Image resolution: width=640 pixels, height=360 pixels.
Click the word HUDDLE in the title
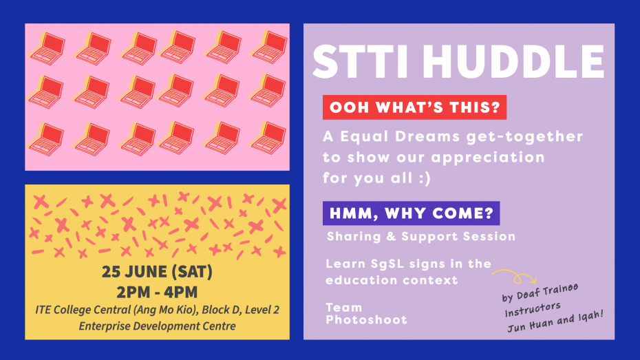pyautogui.click(x=513, y=62)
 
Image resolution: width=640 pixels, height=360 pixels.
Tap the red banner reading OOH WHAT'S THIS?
pyautogui.click(x=414, y=107)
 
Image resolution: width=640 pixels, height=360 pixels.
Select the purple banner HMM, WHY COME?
pyautogui.click(x=411, y=213)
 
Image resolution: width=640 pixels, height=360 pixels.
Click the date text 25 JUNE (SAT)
pyautogui.click(x=157, y=271)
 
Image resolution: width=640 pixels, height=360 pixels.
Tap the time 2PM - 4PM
pyautogui.click(x=157, y=293)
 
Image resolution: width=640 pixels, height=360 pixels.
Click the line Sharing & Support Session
pyautogui.click(x=421, y=236)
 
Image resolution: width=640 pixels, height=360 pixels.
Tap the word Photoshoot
pyautogui.click(x=366, y=319)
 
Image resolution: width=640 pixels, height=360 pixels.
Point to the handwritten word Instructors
pyautogui.click(x=533, y=309)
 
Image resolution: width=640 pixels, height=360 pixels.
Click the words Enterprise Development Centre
pyautogui.click(x=157, y=326)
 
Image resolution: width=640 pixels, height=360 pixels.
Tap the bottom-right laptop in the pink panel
pyautogui.click(x=268, y=138)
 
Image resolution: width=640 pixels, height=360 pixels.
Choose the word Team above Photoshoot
pyautogui.click(x=343, y=308)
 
